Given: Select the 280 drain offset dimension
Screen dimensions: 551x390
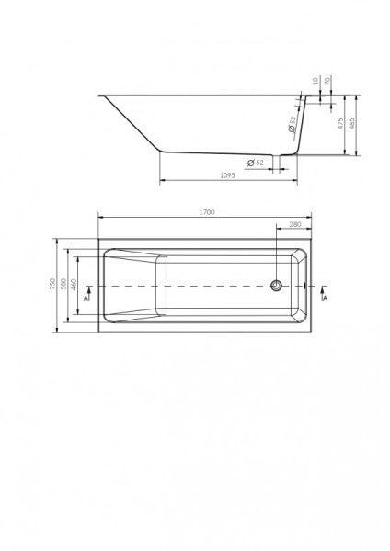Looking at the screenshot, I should click(295, 225).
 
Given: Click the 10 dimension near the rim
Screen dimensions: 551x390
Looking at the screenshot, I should click(315, 81).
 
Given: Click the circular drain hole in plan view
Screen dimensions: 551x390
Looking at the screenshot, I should click(275, 285).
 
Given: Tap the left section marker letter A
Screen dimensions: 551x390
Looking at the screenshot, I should click(85, 298).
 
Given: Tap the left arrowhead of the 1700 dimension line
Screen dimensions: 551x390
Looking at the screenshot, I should click(101, 218).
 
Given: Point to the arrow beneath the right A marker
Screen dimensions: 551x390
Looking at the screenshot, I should click(324, 291).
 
